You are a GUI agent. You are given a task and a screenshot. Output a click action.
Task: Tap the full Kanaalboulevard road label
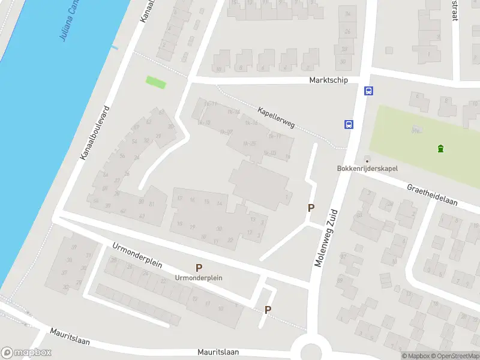(97, 133)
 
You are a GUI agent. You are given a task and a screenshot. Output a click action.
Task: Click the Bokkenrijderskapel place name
(367, 169)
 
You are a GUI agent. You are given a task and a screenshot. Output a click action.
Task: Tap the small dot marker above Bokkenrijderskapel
(367, 160)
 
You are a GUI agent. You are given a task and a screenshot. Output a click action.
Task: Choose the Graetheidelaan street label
(432, 194)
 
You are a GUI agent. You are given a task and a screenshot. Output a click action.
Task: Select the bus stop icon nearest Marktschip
(368, 91)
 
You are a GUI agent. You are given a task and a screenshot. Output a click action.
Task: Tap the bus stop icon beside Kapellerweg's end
(349, 124)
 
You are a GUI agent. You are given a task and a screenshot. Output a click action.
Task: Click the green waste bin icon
(441, 149)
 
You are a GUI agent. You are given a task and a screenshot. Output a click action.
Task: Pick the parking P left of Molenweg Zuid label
(311, 208)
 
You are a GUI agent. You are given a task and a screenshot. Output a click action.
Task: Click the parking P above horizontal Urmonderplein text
(199, 268)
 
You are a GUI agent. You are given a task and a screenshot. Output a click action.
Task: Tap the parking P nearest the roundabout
(268, 310)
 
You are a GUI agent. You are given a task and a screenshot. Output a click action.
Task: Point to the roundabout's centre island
(311, 353)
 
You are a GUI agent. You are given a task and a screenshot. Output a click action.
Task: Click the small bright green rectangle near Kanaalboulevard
(156, 82)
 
